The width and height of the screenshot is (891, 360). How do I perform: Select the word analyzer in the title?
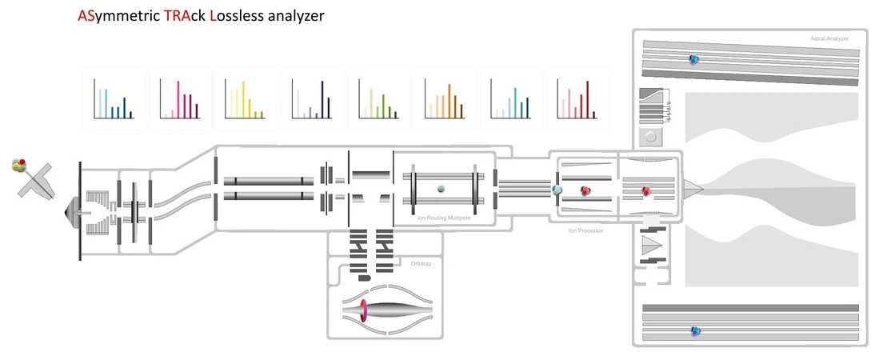point(296,17)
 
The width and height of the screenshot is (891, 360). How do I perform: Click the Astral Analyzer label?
point(829,38)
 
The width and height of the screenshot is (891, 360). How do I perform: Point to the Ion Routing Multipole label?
point(440,218)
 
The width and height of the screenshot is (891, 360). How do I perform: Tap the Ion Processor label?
point(585,231)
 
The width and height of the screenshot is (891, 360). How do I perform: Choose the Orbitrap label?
point(422,264)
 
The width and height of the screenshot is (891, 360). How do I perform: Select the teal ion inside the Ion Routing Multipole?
point(441,188)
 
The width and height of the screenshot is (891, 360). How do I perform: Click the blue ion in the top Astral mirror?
point(693,58)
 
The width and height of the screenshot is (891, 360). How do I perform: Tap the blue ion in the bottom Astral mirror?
point(694,330)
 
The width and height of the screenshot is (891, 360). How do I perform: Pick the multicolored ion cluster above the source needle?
point(20,166)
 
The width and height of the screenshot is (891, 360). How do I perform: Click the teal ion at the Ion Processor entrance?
point(557,190)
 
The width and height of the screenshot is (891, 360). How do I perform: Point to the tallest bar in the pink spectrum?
point(178,99)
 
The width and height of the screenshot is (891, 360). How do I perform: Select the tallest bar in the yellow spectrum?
point(243,99)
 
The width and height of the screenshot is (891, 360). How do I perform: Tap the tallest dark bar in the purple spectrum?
point(322,99)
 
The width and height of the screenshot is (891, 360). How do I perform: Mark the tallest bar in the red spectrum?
point(588,99)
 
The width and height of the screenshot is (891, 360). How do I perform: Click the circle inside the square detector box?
point(650,137)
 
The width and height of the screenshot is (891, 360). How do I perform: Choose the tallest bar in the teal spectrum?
point(515,103)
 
